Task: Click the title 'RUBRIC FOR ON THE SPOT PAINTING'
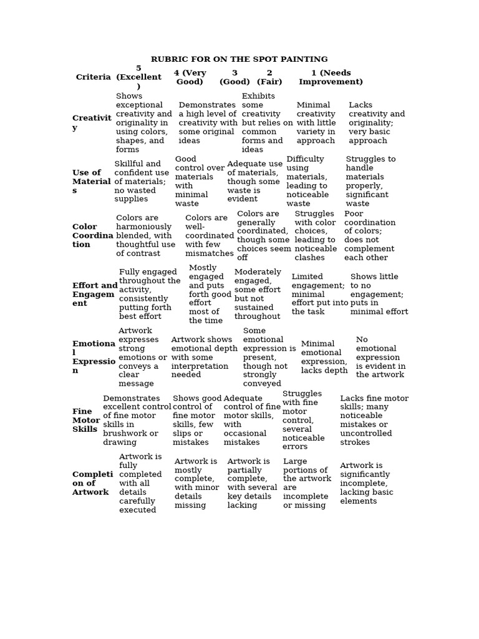(x=239, y=59)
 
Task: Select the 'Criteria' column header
(x=94, y=77)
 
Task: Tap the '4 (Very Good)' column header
(x=190, y=77)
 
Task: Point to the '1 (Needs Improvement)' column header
(x=331, y=77)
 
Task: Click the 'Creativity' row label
(x=92, y=123)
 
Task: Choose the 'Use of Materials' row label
(x=91, y=182)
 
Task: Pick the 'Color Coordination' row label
(x=92, y=236)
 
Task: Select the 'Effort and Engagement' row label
(x=94, y=295)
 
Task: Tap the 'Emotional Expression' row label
(x=94, y=357)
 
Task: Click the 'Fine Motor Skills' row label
(x=86, y=421)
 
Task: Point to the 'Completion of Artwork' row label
(x=92, y=484)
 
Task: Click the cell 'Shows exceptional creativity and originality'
(x=143, y=123)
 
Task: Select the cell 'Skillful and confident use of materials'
(x=142, y=182)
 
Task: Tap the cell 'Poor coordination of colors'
(x=370, y=236)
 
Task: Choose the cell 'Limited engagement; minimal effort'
(x=319, y=295)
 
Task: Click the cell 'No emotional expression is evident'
(x=380, y=358)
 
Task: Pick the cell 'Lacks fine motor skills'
(x=374, y=421)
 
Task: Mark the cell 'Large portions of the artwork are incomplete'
(x=307, y=484)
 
